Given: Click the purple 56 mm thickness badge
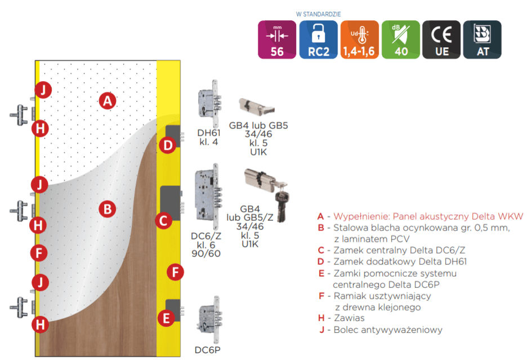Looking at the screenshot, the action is [x=277, y=39].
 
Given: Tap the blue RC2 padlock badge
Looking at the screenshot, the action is [x=318, y=39].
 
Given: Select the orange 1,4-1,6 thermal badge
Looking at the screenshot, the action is [x=359, y=39].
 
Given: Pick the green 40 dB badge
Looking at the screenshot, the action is [x=401, y=39].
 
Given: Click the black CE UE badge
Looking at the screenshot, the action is [x=441, y=39].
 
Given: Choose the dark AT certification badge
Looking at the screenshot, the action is [x=482, y=39].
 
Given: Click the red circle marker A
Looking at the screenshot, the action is [x=108, y=101].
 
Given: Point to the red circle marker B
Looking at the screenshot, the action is [x=107, y=209].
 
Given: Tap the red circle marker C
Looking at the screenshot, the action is [x=163, y=221].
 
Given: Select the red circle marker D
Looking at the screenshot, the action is [x=168, y=145].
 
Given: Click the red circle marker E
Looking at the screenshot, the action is [x=166, y=318].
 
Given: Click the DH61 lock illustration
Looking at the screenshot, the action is [x=209, y=104].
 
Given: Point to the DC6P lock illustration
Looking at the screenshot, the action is [x=209, y=320].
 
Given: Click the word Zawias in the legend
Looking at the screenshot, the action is [x=349, y=318].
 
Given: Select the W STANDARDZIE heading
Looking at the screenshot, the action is [x=318, y=14].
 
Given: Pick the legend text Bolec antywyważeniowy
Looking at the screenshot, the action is [x=388, y=330].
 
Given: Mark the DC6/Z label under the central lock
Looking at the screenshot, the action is [x=206, y=236].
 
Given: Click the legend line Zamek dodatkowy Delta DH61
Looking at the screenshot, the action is [x=400, y=262].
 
